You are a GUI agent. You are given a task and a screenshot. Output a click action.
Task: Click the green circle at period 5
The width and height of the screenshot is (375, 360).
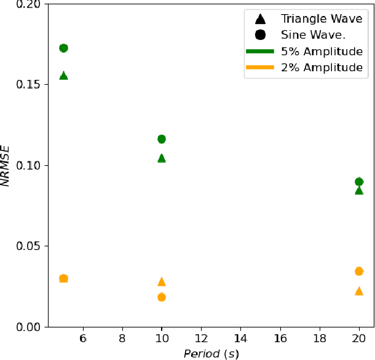(63, 48)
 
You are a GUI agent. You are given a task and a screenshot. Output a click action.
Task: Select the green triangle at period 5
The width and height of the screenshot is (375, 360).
(63, 76)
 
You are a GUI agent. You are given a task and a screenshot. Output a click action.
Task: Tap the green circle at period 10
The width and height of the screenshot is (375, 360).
(162, 139)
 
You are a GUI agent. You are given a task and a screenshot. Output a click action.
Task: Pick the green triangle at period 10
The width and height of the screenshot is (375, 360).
(162, 158)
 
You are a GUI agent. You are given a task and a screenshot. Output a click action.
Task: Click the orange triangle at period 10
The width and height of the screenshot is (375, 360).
(162, 281)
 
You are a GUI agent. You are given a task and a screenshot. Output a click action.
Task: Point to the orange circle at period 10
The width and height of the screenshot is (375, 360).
(162, 297)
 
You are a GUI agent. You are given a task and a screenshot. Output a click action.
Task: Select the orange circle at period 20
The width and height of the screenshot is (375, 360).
(359, 271)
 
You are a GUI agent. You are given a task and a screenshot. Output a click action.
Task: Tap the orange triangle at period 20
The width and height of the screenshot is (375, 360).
(359, 291)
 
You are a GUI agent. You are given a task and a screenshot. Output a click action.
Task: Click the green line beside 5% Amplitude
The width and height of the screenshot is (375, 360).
(259, 52)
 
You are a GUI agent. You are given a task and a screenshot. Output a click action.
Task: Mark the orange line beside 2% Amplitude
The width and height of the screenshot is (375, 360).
(259, 68)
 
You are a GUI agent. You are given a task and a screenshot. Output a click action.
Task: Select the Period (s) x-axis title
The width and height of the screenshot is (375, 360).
(211, 354)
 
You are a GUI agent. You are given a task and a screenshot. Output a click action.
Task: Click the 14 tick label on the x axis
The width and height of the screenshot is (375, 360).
(240, 338)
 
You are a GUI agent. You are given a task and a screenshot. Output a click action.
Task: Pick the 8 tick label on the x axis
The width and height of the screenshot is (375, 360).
(122, 338)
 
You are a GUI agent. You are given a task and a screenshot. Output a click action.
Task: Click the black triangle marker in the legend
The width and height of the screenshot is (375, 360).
(259, 20)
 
